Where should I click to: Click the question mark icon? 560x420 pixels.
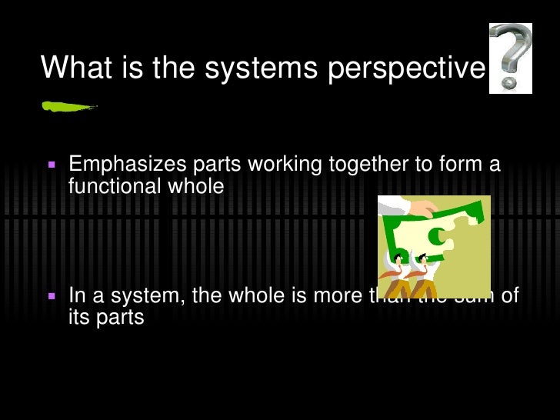[x=510, y=58]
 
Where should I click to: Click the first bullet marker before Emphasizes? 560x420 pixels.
[x=52, y=165]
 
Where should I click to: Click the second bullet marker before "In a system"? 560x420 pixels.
[x=52, y=296]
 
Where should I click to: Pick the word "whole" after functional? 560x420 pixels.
[x=201, y=185]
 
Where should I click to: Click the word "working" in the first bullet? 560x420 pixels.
[x=283, y=165]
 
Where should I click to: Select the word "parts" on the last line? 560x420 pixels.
[x=119, y=318]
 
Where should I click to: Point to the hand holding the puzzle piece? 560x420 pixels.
[x=400, y=205]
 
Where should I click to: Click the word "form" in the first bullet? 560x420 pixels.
[x=460, y=165]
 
